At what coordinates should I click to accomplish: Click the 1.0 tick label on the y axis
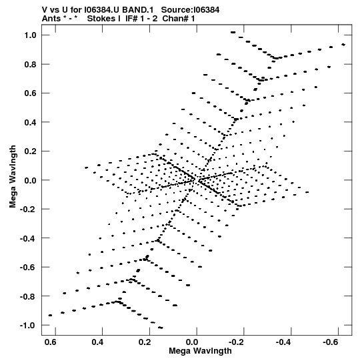point(30,35)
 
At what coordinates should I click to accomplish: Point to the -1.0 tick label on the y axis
point(28,326)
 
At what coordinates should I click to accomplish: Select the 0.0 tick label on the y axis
point(30,180)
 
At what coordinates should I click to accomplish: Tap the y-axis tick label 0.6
point(30,93)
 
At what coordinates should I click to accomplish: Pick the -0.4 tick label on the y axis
point(28,238)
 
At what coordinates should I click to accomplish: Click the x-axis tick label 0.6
point(51,342)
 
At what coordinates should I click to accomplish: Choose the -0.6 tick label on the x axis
point(331,342)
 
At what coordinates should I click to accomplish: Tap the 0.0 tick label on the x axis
point(192,342)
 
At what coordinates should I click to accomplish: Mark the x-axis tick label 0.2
point(145,342)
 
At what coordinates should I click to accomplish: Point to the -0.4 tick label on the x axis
point(284,342)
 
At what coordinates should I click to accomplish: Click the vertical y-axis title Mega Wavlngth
point(13,177)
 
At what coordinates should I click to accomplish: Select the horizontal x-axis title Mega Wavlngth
point(200,351)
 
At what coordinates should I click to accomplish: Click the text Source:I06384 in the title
point(190,10)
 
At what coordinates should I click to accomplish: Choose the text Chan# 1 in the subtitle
point(179,19)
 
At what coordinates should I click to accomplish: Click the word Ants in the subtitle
point(51,19)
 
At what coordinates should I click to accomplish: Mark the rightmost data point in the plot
point(343,45)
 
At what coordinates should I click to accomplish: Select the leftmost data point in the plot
point(50,315)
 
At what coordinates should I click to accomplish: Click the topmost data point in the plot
point(233,33)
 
